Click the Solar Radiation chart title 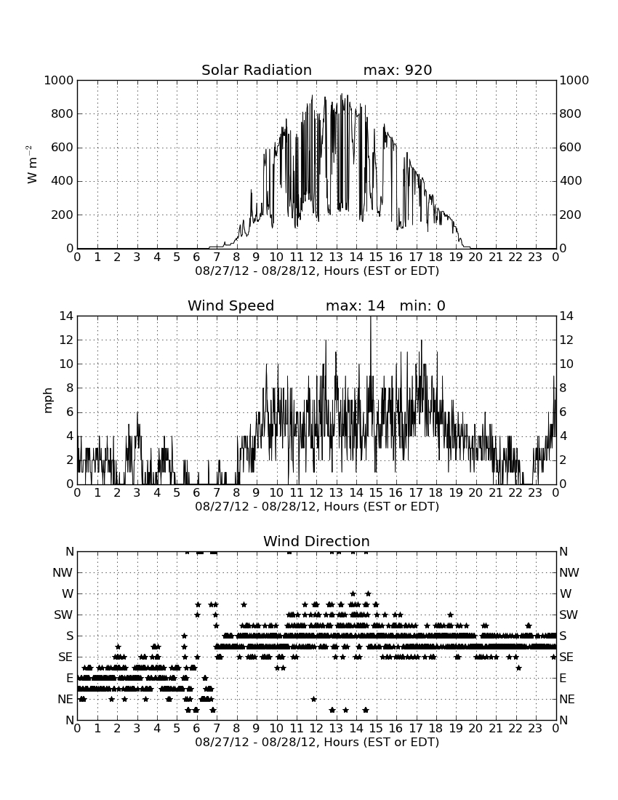pos(257,70)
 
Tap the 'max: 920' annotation pos(398,70)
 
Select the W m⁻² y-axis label pos(31,164)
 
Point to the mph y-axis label pos(48,401)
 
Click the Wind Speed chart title pos(231,305)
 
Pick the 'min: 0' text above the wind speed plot pos(422,305)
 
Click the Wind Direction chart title pos(316,541)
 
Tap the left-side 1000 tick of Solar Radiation pos(59,80)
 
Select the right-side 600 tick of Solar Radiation pos(571,148)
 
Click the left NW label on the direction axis pos(63,573)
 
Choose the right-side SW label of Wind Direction pos(569,615)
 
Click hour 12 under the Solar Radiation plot pos(316,257)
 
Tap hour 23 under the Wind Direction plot pos(535,728)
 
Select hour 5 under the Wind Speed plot pos(177,492)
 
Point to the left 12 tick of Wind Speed pos(67,340)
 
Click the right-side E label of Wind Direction pos(563,678)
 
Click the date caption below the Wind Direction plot pos(317,742)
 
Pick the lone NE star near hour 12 pos(313,699)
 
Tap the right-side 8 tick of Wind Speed pos(563,388)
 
